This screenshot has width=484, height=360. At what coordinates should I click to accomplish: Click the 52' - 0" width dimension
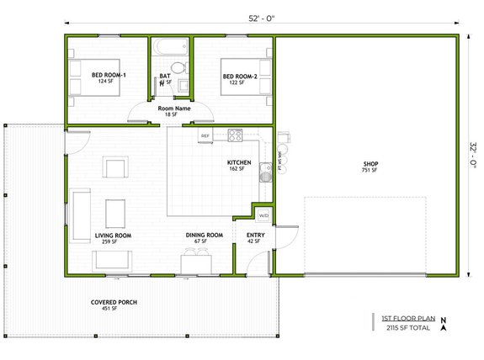[x=263, y=19]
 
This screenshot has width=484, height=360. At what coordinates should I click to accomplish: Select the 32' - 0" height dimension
[x=473, y=156]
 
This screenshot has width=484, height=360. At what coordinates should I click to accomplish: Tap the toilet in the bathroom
[x=178, y=68]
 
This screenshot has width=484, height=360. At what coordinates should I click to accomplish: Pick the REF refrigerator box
[x=205, y=135]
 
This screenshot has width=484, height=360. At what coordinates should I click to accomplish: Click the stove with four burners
[x=235, y=135]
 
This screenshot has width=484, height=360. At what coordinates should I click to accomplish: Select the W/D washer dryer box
[x=263, y=214]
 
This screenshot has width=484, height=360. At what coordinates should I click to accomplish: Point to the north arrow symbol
[x=444, y=323]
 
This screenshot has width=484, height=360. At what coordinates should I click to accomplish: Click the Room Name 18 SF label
[x=173, y=111]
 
